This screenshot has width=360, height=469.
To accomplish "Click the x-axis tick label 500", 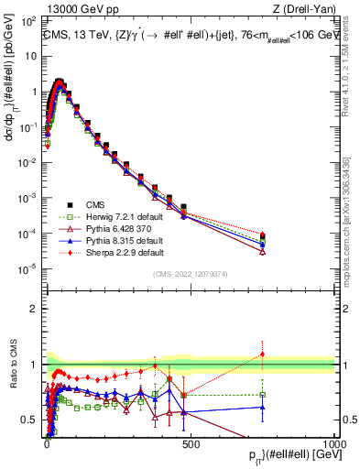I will [191, 443].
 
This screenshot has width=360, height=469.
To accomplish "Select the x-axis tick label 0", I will [47, 443].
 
